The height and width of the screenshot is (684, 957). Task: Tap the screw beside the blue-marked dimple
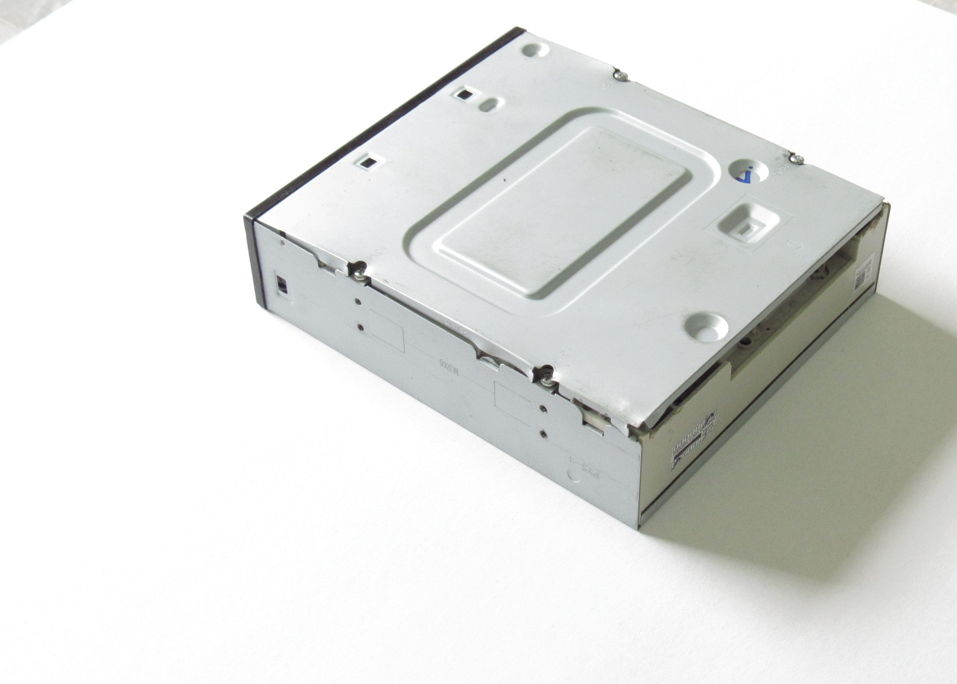[796, 159]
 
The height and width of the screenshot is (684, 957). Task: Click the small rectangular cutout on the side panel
[281, 284]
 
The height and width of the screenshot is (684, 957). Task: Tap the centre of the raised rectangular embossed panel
[562, 209]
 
